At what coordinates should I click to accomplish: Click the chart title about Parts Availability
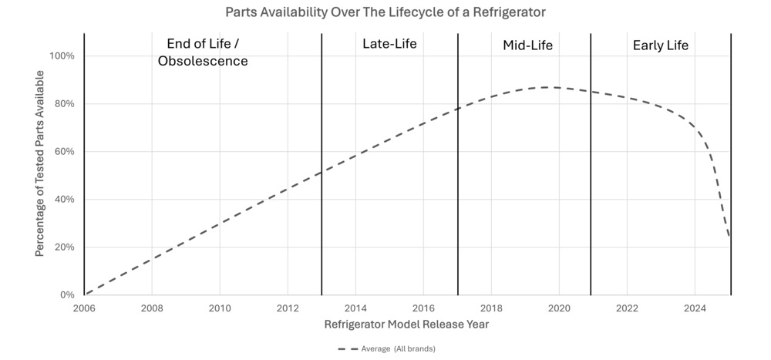click(x=385, y=12)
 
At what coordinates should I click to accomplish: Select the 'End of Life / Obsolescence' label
click(x=203, y=52)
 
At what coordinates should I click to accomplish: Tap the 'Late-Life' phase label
click(x=389, y=44)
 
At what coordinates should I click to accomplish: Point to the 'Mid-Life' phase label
click(x=527, y=45)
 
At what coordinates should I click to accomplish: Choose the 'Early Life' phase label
click(x=660, y=45)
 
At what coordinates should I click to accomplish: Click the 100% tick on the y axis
click(x=62, y=56)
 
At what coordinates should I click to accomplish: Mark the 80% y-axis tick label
click(x=64, y=104)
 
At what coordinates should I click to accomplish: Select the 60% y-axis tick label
click(x=64, y=152)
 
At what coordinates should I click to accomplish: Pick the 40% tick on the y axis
click(x=64, y=200)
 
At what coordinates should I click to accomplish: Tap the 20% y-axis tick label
click(x=64, y=247)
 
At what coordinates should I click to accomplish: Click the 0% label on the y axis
click(x=66, y=295)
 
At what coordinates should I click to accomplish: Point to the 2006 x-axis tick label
click(x=84, y=308)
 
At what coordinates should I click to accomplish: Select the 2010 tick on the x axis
click(x=220, y=308)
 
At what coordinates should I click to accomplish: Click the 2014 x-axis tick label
click(x=355, y=308)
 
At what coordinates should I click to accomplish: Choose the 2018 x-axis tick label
click(x=491, y=308)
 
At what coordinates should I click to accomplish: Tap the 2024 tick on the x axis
click(x=695, y=308)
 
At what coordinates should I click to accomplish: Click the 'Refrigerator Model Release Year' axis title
click(x=406, y=325)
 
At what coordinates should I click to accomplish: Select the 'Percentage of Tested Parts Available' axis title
click(x=39, y=164)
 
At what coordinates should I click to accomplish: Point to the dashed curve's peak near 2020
click(x=549, y=87)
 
